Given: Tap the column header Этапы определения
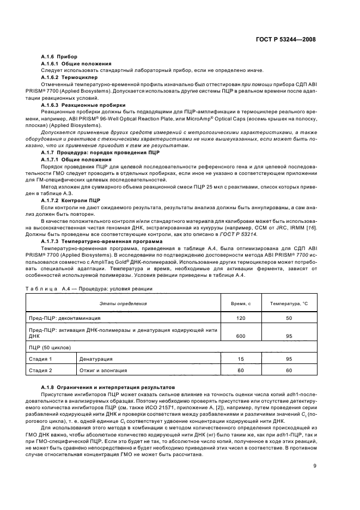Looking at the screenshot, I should (123, 302).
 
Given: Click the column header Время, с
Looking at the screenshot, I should (237, 302).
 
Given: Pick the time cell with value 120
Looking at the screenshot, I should (237, 318).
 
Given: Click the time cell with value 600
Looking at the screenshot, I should (237, 336).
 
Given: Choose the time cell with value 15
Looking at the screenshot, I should (237, 359).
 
